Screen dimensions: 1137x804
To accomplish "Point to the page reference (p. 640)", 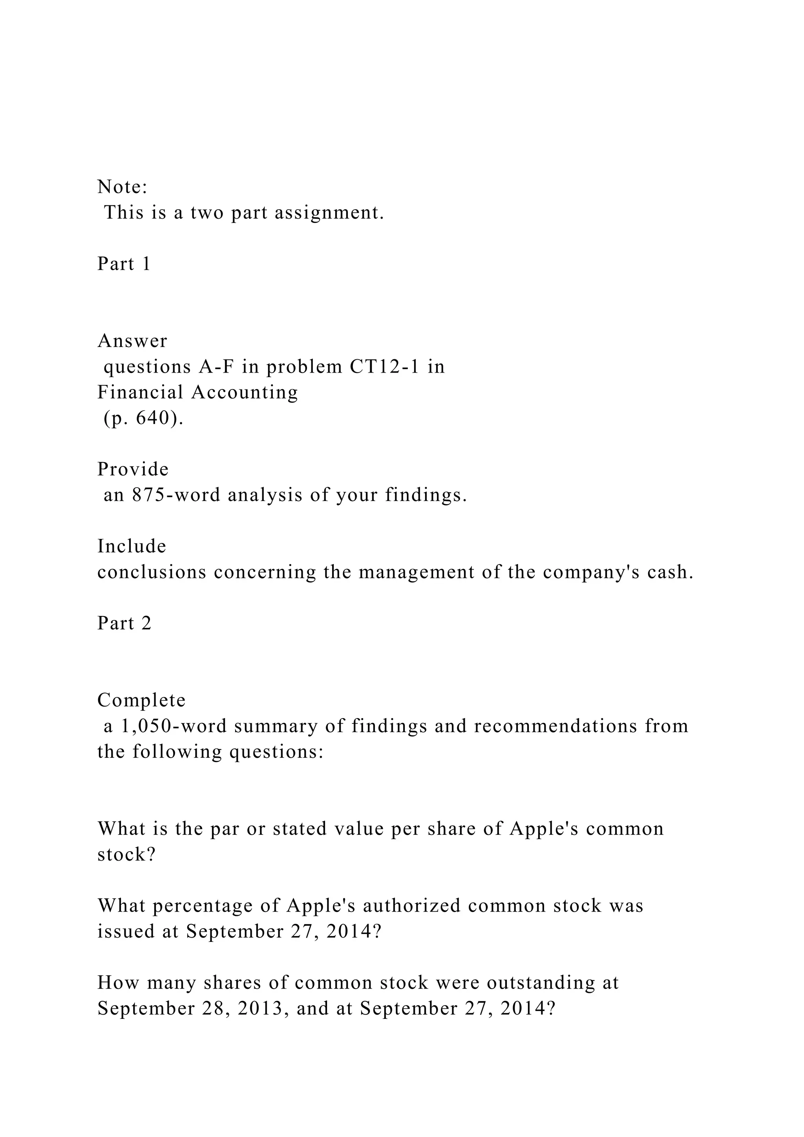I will click(143, 419).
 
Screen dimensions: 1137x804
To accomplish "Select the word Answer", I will click(132, 341).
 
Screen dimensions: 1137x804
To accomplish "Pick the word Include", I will click(132, 546).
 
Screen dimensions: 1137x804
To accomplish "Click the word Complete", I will click(141, 700).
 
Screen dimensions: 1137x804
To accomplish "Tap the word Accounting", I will click(245, 392).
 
